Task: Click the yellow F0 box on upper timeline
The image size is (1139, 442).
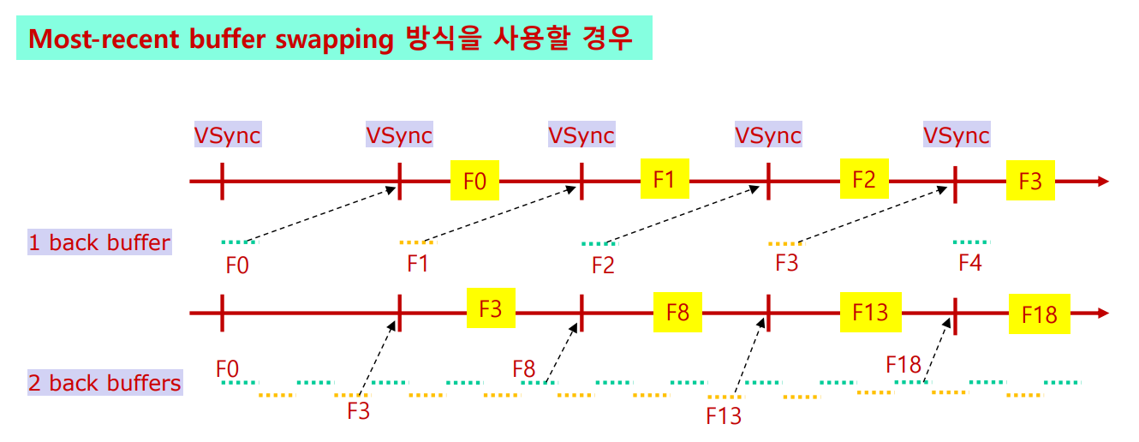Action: click(474, 181)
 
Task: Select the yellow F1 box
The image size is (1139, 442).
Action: click(665, 178)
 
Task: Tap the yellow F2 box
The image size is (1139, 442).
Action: click(864, 179)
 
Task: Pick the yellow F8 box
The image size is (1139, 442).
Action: click(677, 311)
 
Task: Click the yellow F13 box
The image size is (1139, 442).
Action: click(870, 311)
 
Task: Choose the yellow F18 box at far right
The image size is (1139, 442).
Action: click(1039, 314)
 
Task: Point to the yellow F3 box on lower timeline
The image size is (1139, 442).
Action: click(491, 308)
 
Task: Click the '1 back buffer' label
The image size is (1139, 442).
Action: click(99, 242)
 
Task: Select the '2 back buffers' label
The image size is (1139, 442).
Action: click(104, 382)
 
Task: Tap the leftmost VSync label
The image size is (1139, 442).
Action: click(227, 135)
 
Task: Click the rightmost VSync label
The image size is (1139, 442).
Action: click(957, 135)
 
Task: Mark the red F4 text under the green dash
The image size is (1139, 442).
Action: click(969, 264)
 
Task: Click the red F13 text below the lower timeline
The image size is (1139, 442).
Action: click(723, 416)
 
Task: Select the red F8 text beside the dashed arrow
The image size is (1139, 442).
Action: click(524, 369)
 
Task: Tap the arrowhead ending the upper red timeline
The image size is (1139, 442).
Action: click(1103, 182)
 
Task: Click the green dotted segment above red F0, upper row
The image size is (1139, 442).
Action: click(236, 242)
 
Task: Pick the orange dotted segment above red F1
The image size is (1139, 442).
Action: click(417, 242)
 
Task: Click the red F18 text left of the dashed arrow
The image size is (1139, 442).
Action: click(903, 365)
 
